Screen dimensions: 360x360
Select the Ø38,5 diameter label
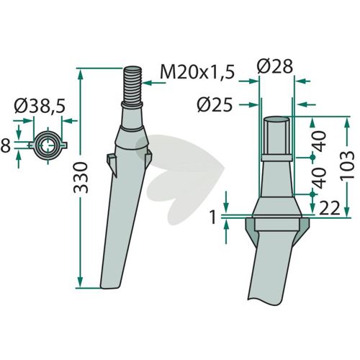click(40, 106)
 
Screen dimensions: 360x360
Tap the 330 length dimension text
click(81, 178)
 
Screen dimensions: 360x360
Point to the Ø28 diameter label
click(275, 66)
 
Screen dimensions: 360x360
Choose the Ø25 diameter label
click(215, 105)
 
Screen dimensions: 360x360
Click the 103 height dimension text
click(347, 165)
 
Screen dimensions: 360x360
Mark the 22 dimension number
click(329, 208)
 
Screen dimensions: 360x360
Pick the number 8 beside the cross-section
click(6, 146)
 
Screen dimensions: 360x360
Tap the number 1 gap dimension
click(213, 217)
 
